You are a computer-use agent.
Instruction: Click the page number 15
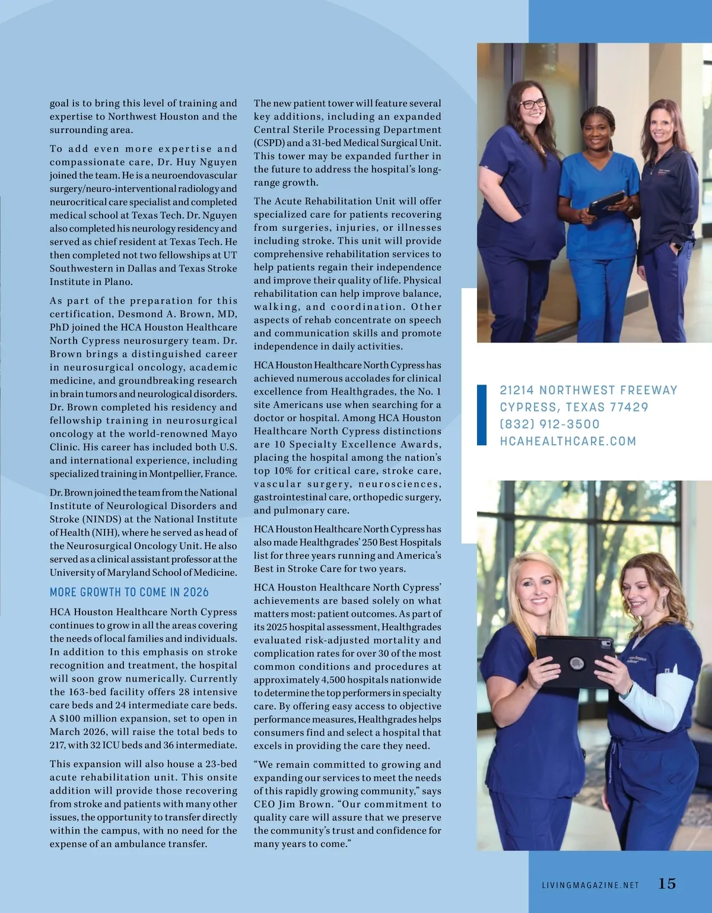[x=667, y=883]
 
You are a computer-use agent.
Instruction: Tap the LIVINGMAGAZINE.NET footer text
[x=590, y=885]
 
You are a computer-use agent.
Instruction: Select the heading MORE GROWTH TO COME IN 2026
[x=129, y=592]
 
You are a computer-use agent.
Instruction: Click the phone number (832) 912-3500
[x=549, y=424]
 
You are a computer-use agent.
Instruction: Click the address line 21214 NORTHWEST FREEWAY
[x=588, y=390]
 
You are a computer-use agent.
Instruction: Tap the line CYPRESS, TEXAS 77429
[x=574, y=407]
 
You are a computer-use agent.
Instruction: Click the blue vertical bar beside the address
[x=482, y=415]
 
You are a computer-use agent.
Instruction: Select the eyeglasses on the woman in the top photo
[x=532, y=104]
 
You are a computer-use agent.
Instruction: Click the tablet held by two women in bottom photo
[x=574, y=660]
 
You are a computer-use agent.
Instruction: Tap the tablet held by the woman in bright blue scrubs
[x=606, y=202]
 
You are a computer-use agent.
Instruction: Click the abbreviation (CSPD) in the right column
[x=269, y=143]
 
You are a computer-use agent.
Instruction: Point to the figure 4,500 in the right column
[x=333, y=680]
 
